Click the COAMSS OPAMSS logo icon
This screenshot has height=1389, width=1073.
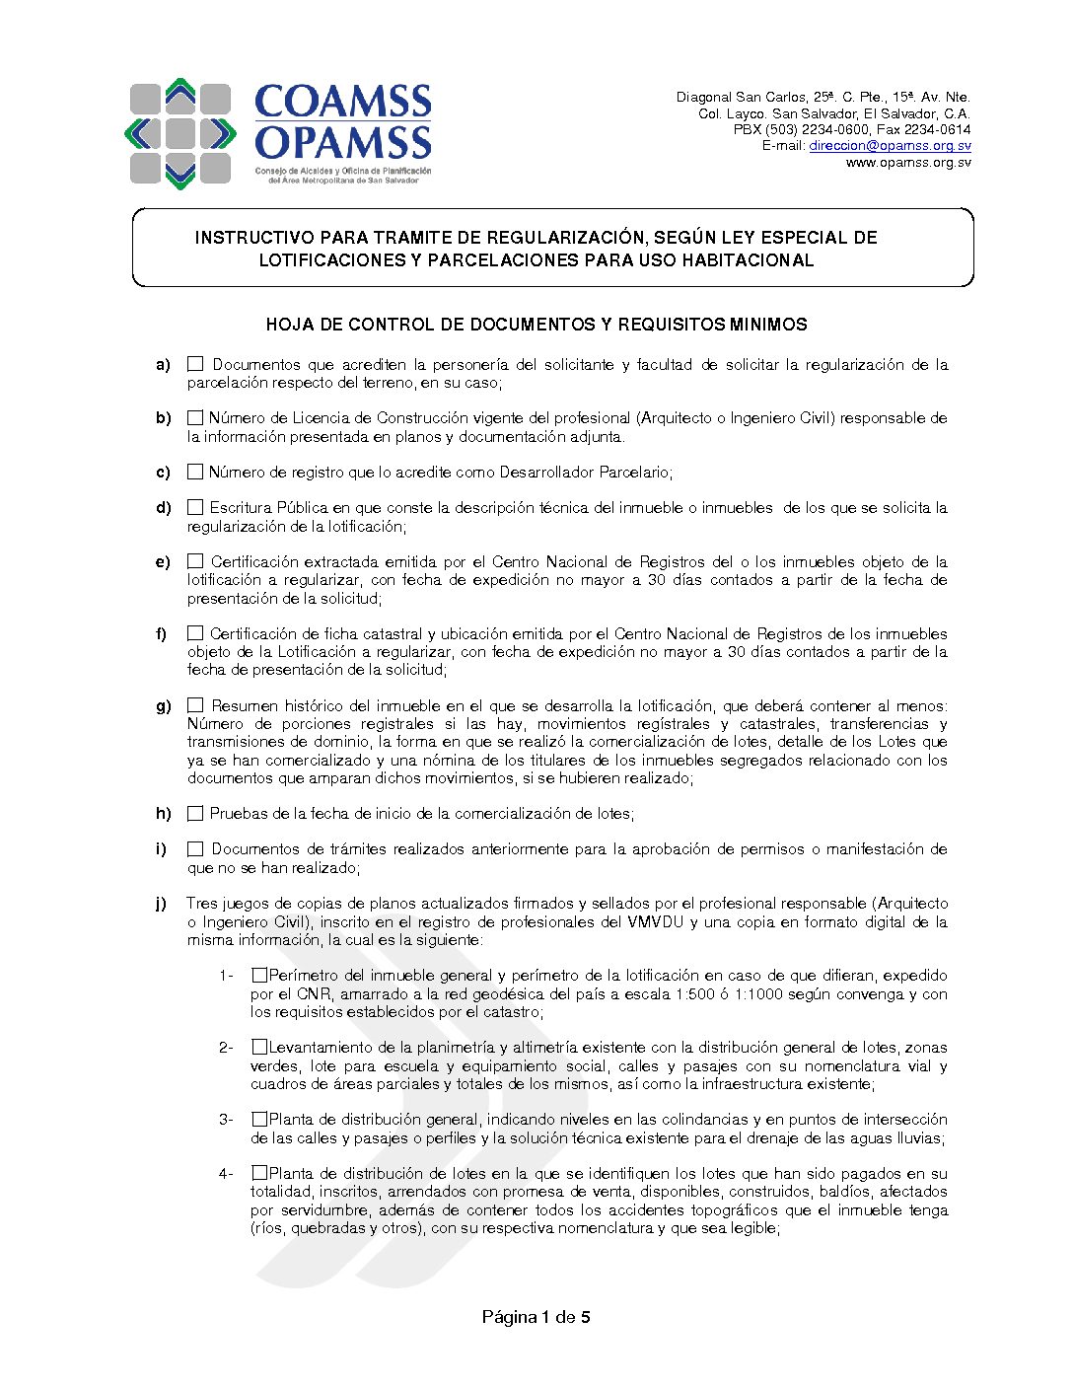(x=179, y=133)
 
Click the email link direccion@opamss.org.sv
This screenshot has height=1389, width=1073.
(x=890, y=146)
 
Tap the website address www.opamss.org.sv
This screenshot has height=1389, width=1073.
(x=907, y=163)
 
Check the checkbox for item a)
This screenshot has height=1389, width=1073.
(x=195, y=364)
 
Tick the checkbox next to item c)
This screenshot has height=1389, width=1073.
(x=195, y=472)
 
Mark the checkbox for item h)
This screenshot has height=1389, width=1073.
(x=195, y=814)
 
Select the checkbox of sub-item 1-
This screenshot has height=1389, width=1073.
(x=258, y=975)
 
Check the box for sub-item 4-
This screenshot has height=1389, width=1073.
(x=258, y=1173)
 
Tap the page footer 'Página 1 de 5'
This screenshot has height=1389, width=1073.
(x=536, y=1317)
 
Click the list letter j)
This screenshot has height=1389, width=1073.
(x=161, y=904)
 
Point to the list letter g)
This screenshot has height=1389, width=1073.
(x=163, y=706)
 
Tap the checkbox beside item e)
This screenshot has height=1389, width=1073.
(x=195, y=561)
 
